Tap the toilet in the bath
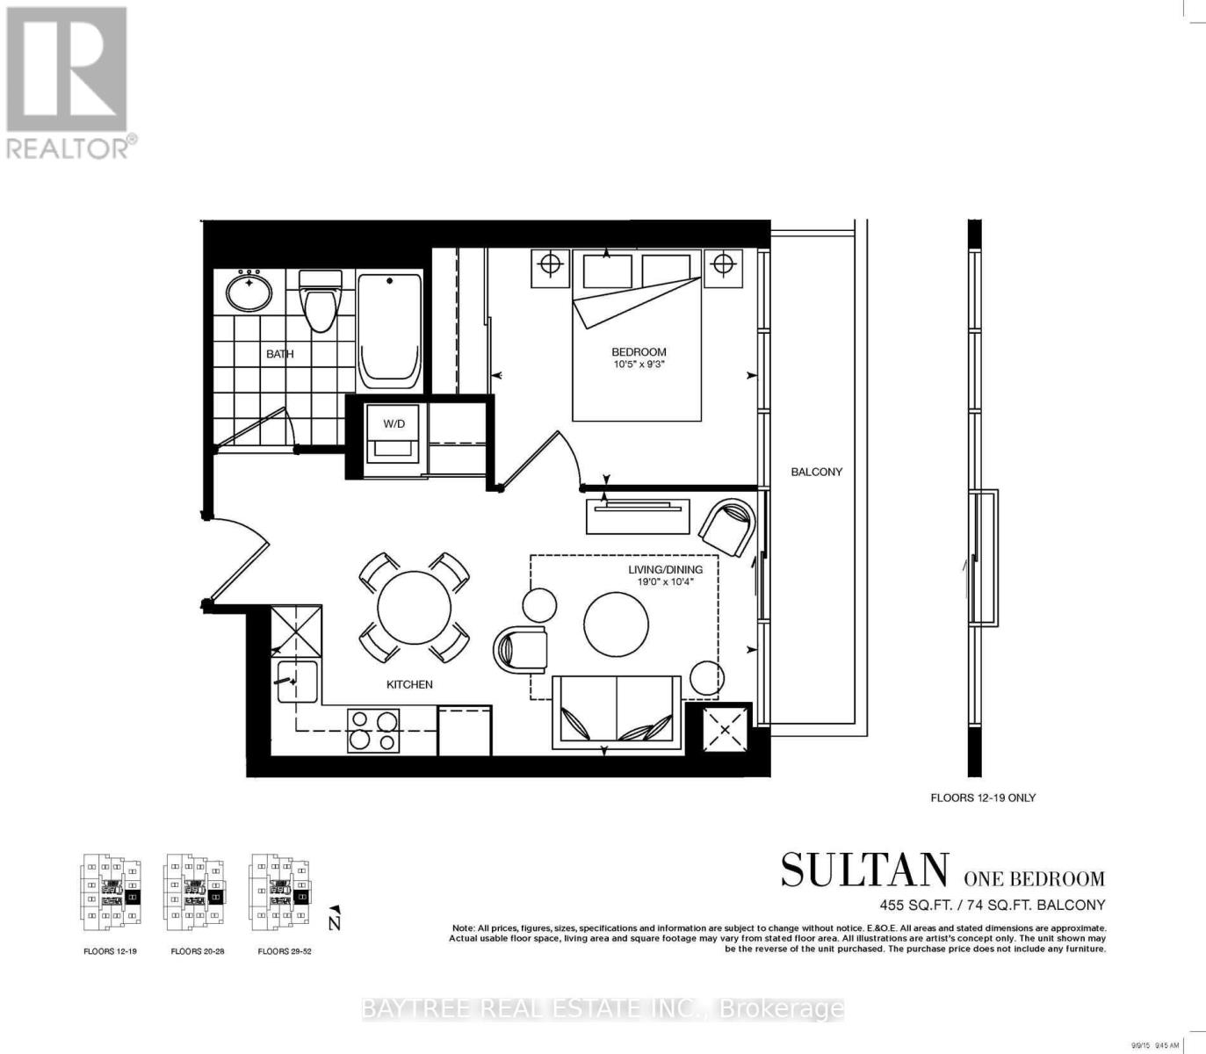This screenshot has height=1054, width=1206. pos(320,300)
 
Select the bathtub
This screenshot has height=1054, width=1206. pos(389,330)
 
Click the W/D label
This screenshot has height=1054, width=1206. pos(394,424)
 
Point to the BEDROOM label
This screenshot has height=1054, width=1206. pos(639,352)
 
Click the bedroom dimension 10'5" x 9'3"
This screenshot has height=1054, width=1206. pos(639,365)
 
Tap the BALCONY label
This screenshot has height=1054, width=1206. pos(816,472)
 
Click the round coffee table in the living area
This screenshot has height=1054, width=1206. pos(617,623)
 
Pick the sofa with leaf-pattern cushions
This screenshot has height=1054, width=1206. pos(617,712)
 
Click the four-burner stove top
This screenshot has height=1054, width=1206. pos(372,730)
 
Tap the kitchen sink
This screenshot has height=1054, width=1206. pos(297,682)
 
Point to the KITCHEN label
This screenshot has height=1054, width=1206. pos(409,684)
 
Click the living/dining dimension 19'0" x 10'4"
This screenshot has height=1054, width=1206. pos(665,581)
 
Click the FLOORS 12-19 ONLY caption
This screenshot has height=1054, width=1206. pos(983,798)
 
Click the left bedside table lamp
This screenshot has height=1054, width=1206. pos(550,263)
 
